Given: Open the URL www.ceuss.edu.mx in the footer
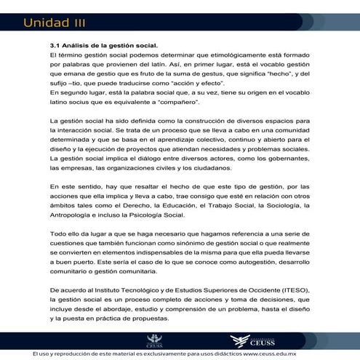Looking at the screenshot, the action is tap(276, 353).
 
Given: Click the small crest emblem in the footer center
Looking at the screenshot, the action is tap(153, 341).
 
